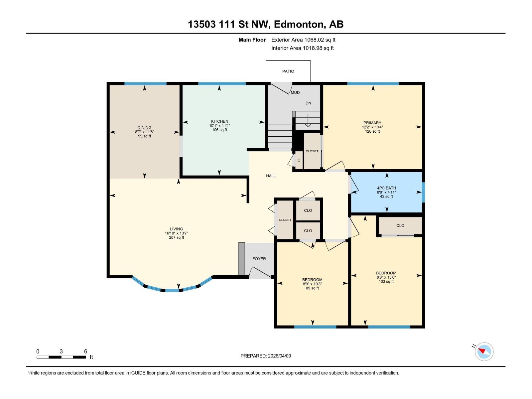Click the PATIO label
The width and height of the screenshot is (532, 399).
tap(288, 71)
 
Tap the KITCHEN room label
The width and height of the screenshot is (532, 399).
tap(219, 121)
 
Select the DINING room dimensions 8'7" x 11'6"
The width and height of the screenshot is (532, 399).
tap(144, 132)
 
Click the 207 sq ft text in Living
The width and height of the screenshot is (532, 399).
tap(176, 237)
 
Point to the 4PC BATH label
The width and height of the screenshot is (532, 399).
tap(386, 188)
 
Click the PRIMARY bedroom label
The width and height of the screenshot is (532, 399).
tap(372, 123)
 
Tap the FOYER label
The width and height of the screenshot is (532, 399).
tap(259, 259)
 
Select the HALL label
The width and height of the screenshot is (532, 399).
tap(271, 176)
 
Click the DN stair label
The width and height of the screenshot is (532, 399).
tap(308, 103)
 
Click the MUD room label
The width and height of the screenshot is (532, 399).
tap(295, 92)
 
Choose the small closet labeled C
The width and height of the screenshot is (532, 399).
tap(299, 160)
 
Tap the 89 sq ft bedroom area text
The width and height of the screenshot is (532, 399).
tap(312, 288)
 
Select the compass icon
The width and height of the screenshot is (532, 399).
tap(484, 351)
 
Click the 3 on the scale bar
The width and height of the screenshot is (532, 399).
tap(61, 351)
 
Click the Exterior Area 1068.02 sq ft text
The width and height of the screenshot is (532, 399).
tap(303, 40)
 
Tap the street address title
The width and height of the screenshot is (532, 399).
tap(266, 24)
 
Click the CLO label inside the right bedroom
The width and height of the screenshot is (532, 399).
tap(400, 225)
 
